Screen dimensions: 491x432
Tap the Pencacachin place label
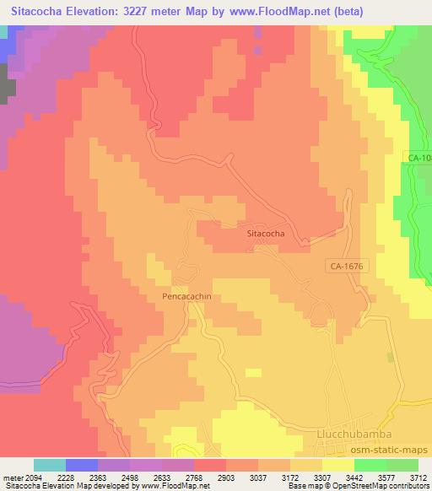[x=186, y=297]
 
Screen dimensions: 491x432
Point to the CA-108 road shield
[x=419, y=158]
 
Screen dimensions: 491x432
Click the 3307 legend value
[x=322, y=479]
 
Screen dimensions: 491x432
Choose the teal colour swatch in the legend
[x=50, y=465]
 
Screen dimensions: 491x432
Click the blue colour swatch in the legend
[x=82, y=465]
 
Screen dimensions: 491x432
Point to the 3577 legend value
[x=386, y=479]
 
